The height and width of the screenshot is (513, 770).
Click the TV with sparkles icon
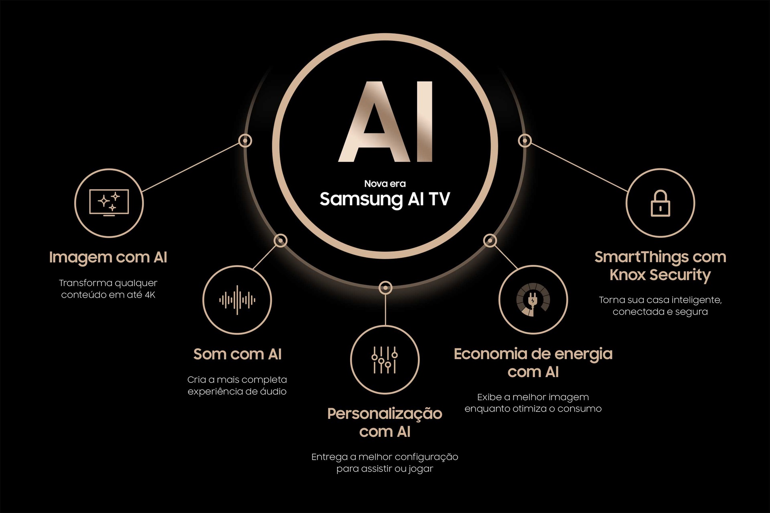pos(109,203)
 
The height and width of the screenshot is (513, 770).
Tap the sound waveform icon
pos(237,300)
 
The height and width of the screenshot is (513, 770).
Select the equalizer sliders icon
pos(385,360)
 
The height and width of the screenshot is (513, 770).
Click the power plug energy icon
pos(533,300)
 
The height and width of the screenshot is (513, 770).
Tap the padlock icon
pos(660,203)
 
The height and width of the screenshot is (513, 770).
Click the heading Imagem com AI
pos(108,257)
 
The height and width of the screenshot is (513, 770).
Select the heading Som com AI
pos(237,354)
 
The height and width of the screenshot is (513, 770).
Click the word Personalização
pos(385,414)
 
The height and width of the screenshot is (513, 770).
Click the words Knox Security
pos(660,275)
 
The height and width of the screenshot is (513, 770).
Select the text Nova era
pos(385,184)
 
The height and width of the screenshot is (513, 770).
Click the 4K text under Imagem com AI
pos(150,295)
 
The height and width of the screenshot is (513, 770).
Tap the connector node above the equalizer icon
pos(385,287)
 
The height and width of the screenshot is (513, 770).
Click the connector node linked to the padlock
pos(525,141)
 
